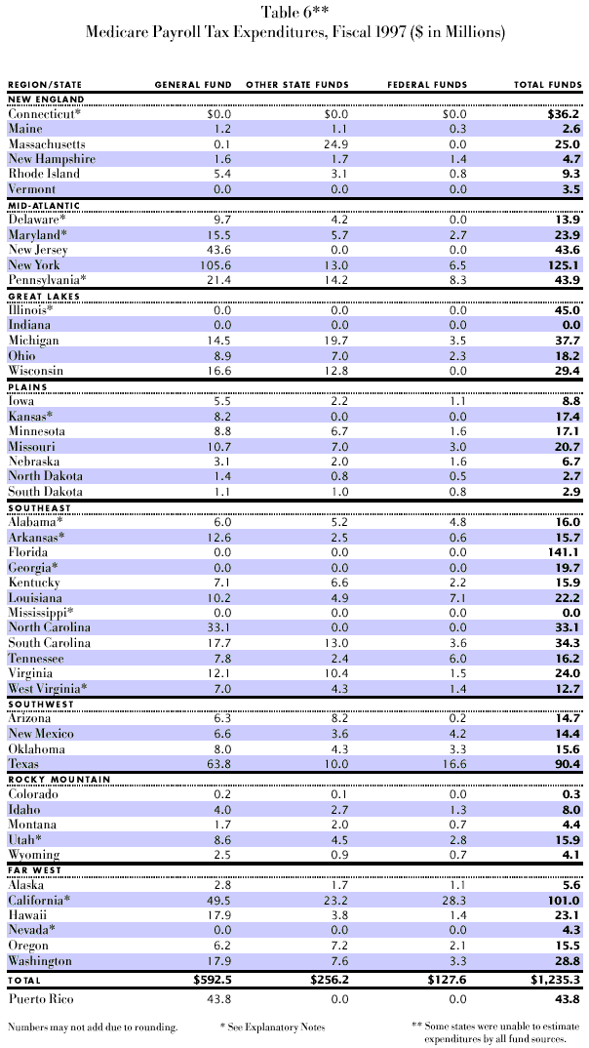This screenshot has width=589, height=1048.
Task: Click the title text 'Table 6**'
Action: (x=294, y=13)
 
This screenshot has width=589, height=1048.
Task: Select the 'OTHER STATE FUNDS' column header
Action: (x=297, y=85)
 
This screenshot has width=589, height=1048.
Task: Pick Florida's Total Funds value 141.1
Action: (x=562, y=551)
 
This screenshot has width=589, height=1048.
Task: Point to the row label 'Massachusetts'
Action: (x=46, y=144)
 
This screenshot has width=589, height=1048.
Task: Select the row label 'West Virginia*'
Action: (x=47, y=688)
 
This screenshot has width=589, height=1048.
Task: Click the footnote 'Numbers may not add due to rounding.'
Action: (x=91, y=1027)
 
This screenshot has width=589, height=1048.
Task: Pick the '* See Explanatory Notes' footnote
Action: (x=274, y=1027)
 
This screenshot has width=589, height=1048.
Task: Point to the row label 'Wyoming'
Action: (x=35, y=855)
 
